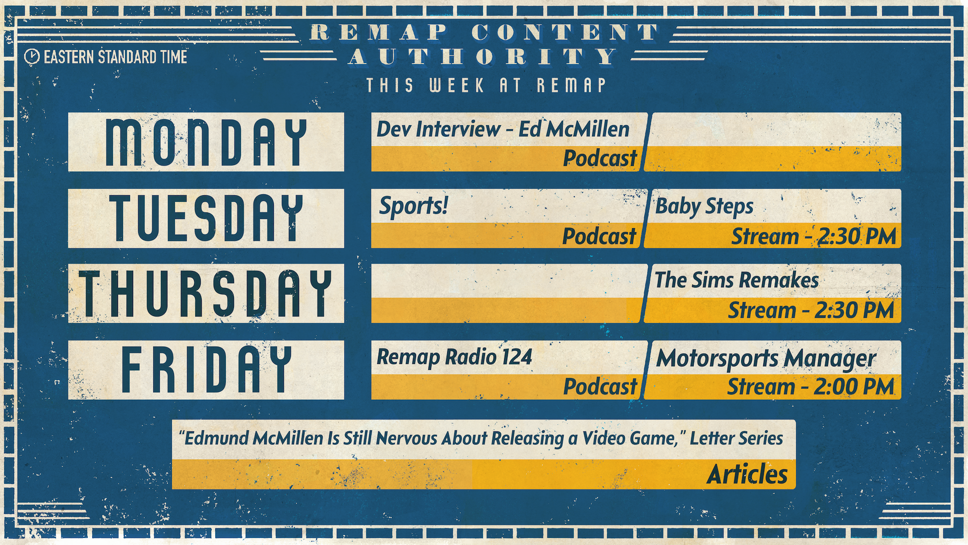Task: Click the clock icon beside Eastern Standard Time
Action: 32,57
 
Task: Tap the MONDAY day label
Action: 206,142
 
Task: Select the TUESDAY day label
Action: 206,218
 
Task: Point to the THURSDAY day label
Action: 206,293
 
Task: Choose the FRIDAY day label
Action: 206,369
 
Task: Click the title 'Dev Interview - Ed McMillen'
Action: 503,130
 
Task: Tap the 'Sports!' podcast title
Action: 413,206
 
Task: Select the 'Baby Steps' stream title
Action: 704,206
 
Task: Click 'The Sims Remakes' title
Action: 736,280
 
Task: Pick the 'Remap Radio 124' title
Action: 454,357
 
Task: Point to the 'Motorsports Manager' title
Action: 766,359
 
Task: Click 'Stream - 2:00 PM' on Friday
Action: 810,387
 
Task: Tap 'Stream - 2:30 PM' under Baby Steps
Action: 813,236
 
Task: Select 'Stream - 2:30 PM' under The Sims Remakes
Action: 811,310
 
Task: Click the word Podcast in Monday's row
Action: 600,158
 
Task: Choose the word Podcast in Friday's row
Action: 600,387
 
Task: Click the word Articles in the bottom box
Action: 747,474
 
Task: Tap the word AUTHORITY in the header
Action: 483,57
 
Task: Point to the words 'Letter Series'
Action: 736,438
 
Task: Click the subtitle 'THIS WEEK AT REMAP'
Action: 486,85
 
